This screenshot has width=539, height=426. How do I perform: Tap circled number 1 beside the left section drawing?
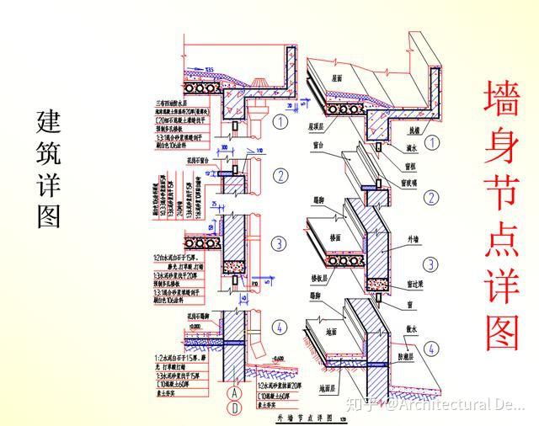point(280,121)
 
